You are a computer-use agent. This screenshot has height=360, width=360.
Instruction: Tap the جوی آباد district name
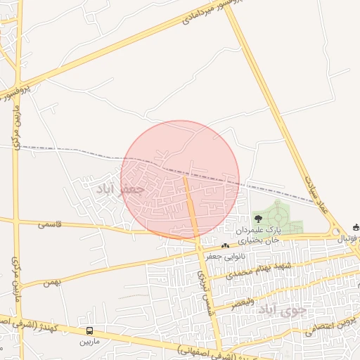click(283, 309)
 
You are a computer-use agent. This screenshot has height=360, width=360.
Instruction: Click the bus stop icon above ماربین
click(89, 330)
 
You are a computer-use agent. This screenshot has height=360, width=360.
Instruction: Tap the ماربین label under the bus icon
click(89, 342)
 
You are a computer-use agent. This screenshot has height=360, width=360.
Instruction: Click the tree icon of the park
click(257, 219)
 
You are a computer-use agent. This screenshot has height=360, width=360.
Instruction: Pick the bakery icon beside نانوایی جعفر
click(225, 245)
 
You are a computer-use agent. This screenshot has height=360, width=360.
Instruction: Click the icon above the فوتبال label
click(356, 227)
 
